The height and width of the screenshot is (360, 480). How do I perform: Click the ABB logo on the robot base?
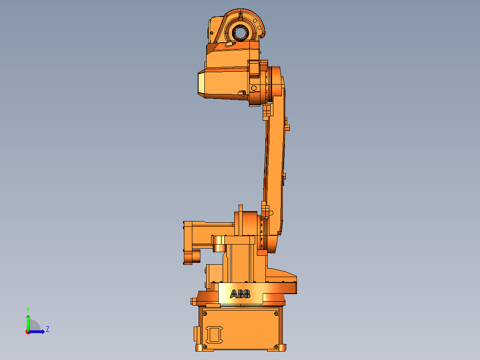240,294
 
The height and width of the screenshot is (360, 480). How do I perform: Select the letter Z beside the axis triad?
48,329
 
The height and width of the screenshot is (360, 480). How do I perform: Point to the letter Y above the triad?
28,309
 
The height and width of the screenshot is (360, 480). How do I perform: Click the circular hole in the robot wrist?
240,32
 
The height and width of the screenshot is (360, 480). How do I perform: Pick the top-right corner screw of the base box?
277,314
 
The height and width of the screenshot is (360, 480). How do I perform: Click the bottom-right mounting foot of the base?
281,347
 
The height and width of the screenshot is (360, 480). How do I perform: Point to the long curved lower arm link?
275,151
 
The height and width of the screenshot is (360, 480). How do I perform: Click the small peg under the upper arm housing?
243,93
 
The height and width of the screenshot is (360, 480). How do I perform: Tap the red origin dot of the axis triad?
28,331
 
